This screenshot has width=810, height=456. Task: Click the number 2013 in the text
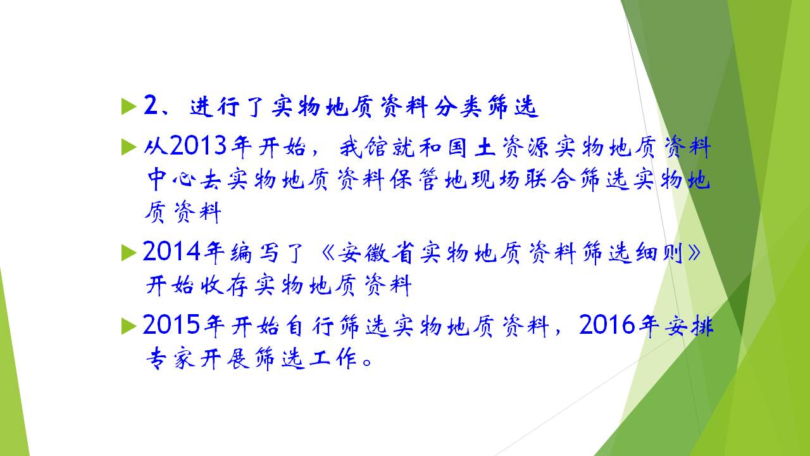198,146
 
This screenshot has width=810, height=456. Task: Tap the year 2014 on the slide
171,251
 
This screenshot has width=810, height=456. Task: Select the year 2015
171,324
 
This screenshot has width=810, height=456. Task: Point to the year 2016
607,324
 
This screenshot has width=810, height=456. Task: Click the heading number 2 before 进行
151,105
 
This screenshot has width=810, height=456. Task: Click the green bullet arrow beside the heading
129,106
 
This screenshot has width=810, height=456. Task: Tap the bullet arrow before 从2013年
129,147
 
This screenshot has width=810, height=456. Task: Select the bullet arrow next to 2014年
129,252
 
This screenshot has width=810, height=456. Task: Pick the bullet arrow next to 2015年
129,326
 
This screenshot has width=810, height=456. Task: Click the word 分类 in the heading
458,106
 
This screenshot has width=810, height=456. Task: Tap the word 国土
472,147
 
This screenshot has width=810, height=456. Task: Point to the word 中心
171,179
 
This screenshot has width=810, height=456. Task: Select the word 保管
414,179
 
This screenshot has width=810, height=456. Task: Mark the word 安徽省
376,252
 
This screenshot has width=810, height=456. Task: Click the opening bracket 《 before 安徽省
328,252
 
